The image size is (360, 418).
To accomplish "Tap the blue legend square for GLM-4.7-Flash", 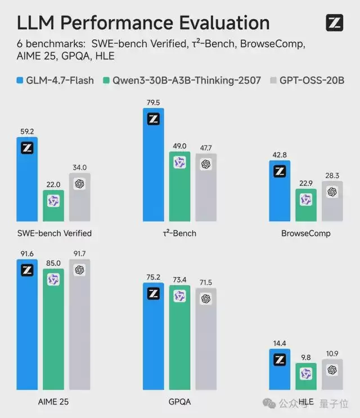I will (x=20, y=80).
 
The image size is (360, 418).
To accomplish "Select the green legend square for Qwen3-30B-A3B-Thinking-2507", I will (x=106, y=80).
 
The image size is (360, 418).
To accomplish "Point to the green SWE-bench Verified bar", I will (x=53, y=206).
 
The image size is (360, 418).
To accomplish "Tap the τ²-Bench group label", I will (x=179, y=233).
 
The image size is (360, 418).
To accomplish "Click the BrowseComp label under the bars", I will (x=306, y=233).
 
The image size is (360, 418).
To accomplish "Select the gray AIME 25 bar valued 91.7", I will (x=79, y=326).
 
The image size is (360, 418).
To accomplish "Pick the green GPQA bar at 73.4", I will (x=179, y=337).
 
